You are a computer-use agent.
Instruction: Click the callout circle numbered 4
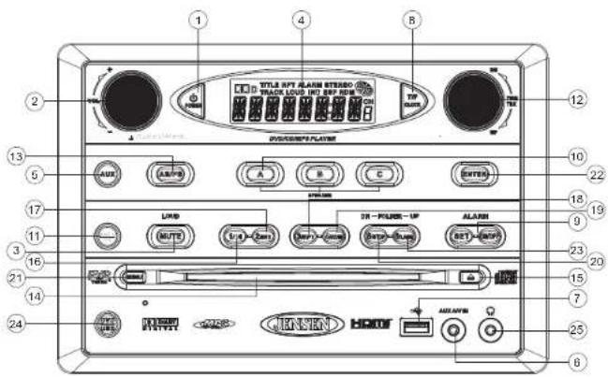300,19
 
